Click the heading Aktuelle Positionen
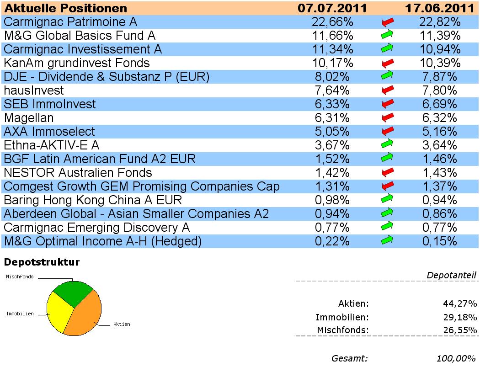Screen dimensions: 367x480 [x=66, y=8]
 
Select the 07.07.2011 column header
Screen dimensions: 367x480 [x=332, y=8]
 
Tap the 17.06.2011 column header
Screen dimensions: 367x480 [x=439, y=8]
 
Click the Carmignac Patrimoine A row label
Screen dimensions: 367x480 [x=70, y=22]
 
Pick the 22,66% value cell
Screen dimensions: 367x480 [x=332, y=22]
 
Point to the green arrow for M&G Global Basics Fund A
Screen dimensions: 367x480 [x=388, y=35]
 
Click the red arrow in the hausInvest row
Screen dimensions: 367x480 [x=388, y=90]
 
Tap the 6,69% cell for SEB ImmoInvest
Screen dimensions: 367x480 [x=439, y=104]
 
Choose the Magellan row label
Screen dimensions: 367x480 [x=29, y=118]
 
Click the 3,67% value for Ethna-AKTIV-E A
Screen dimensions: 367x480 [x=332, y=145]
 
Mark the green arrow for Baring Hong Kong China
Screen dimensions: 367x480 [x=388, y=199]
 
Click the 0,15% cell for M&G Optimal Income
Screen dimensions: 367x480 [x=439, y=241]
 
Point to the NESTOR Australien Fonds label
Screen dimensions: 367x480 [x=78, y=173]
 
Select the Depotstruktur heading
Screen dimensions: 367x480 [x=42, y=262]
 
